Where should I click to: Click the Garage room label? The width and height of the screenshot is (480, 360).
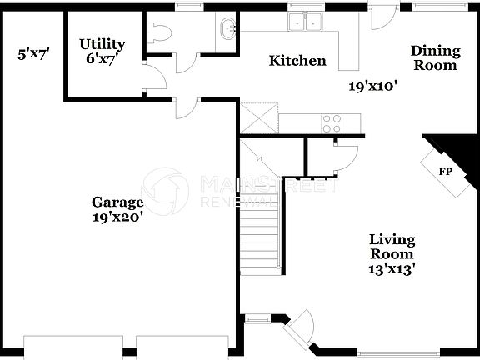pos(117,202)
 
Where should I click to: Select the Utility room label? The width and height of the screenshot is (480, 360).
pos(102,43)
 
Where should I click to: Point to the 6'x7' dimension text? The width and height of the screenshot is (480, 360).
pos(102,59)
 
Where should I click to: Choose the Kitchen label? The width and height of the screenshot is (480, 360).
pos(297,61)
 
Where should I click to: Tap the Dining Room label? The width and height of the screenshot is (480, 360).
pos(434,58)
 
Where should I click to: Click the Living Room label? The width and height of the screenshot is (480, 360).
pos(392,247)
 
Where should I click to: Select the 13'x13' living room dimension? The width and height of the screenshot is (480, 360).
pos(392,268)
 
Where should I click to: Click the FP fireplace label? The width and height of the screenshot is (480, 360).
pos(446,171)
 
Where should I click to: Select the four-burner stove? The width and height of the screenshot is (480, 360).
pos(332,123)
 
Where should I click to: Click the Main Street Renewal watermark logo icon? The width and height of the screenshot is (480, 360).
pos(165,187)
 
